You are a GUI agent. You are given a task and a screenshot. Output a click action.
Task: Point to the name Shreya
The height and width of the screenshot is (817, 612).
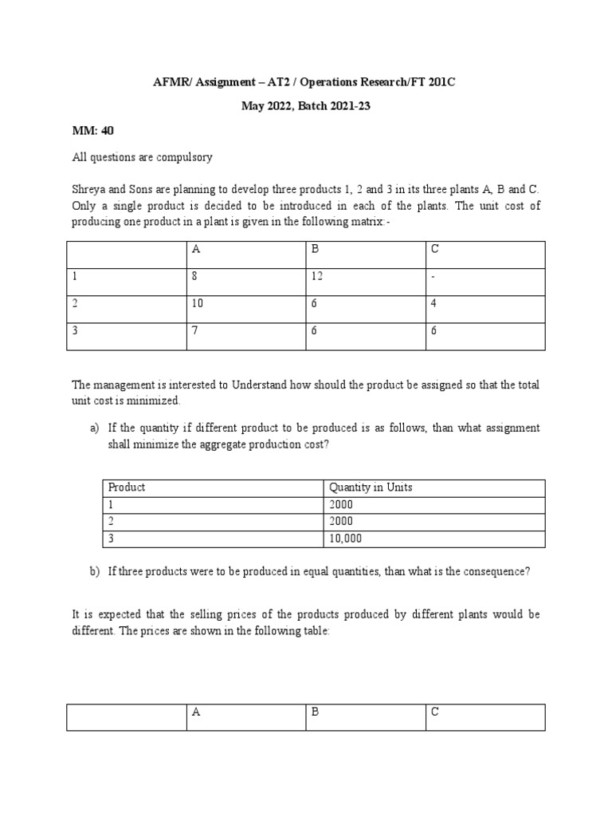[x=89, y=190]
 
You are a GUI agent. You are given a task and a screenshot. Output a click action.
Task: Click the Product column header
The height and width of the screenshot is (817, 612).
[x=127, y=487]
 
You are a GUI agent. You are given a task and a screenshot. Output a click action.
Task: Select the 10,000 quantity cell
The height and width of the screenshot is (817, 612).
[x=345, y=539]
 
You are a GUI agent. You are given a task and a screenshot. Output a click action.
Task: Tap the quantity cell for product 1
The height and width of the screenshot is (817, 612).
[x=340, y=505]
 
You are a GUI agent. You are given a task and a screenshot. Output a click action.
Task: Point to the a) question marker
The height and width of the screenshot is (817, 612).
[x=95, y=428]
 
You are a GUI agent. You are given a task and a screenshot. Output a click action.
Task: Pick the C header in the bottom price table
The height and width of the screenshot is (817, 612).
[x=435, y=712]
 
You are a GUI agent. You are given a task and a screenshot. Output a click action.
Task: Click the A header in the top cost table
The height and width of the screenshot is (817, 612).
[x=196, y=249]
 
